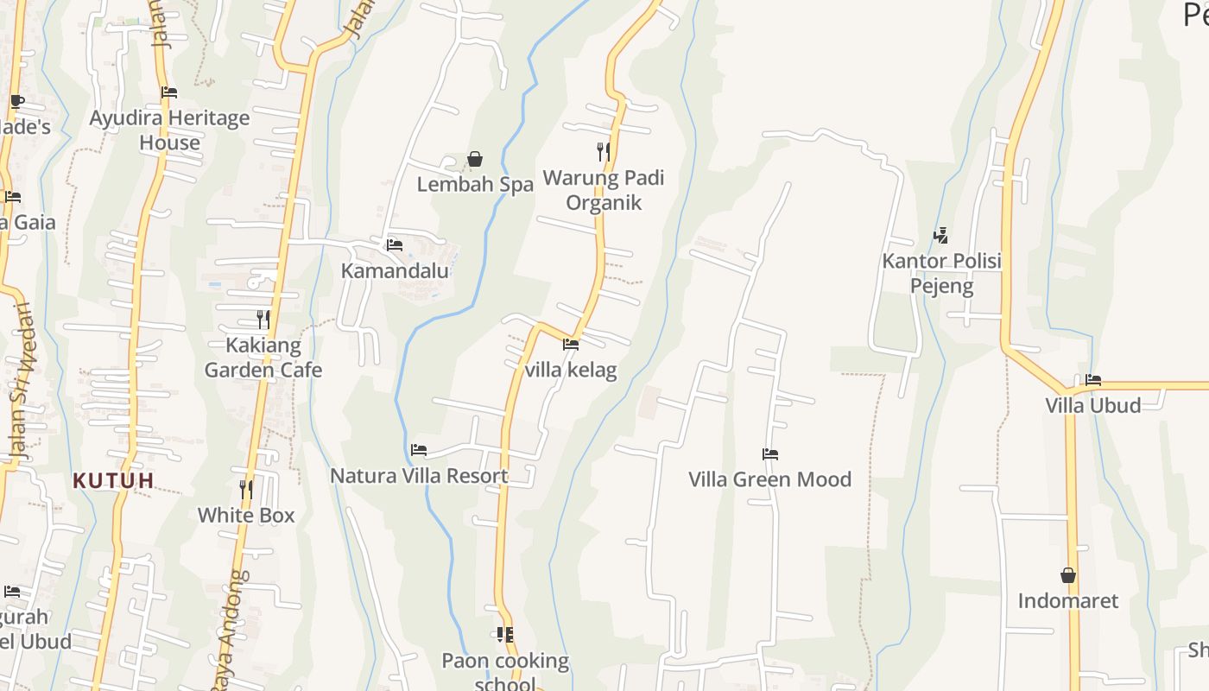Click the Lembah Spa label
[x=475, y=184]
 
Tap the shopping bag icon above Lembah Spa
[x=474, y=159]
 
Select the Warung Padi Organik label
[x=604, y=190]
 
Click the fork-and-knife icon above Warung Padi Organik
[x=604, y=152]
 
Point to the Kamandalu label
[x=395, y=270]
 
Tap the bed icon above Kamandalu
[x=395, y=245]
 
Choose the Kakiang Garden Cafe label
[x=263, y=358]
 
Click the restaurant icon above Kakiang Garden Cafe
[x=263, y=320]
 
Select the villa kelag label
[x=571, y=370]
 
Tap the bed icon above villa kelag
[x=571, y=345]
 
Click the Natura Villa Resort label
[x=419, y=475]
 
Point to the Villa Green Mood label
[x=769, y=479]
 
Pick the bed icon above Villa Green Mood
[x=770, y=454]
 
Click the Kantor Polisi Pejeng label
[x=941, y=273]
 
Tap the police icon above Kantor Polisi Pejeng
[x=941, y=235]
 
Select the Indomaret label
[x=1068, y=600]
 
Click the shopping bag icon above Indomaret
[x=1068, y=575]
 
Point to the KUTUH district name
[x=113, y=480]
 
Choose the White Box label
[x=246, y=515]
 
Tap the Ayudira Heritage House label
[x=169, y=130]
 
